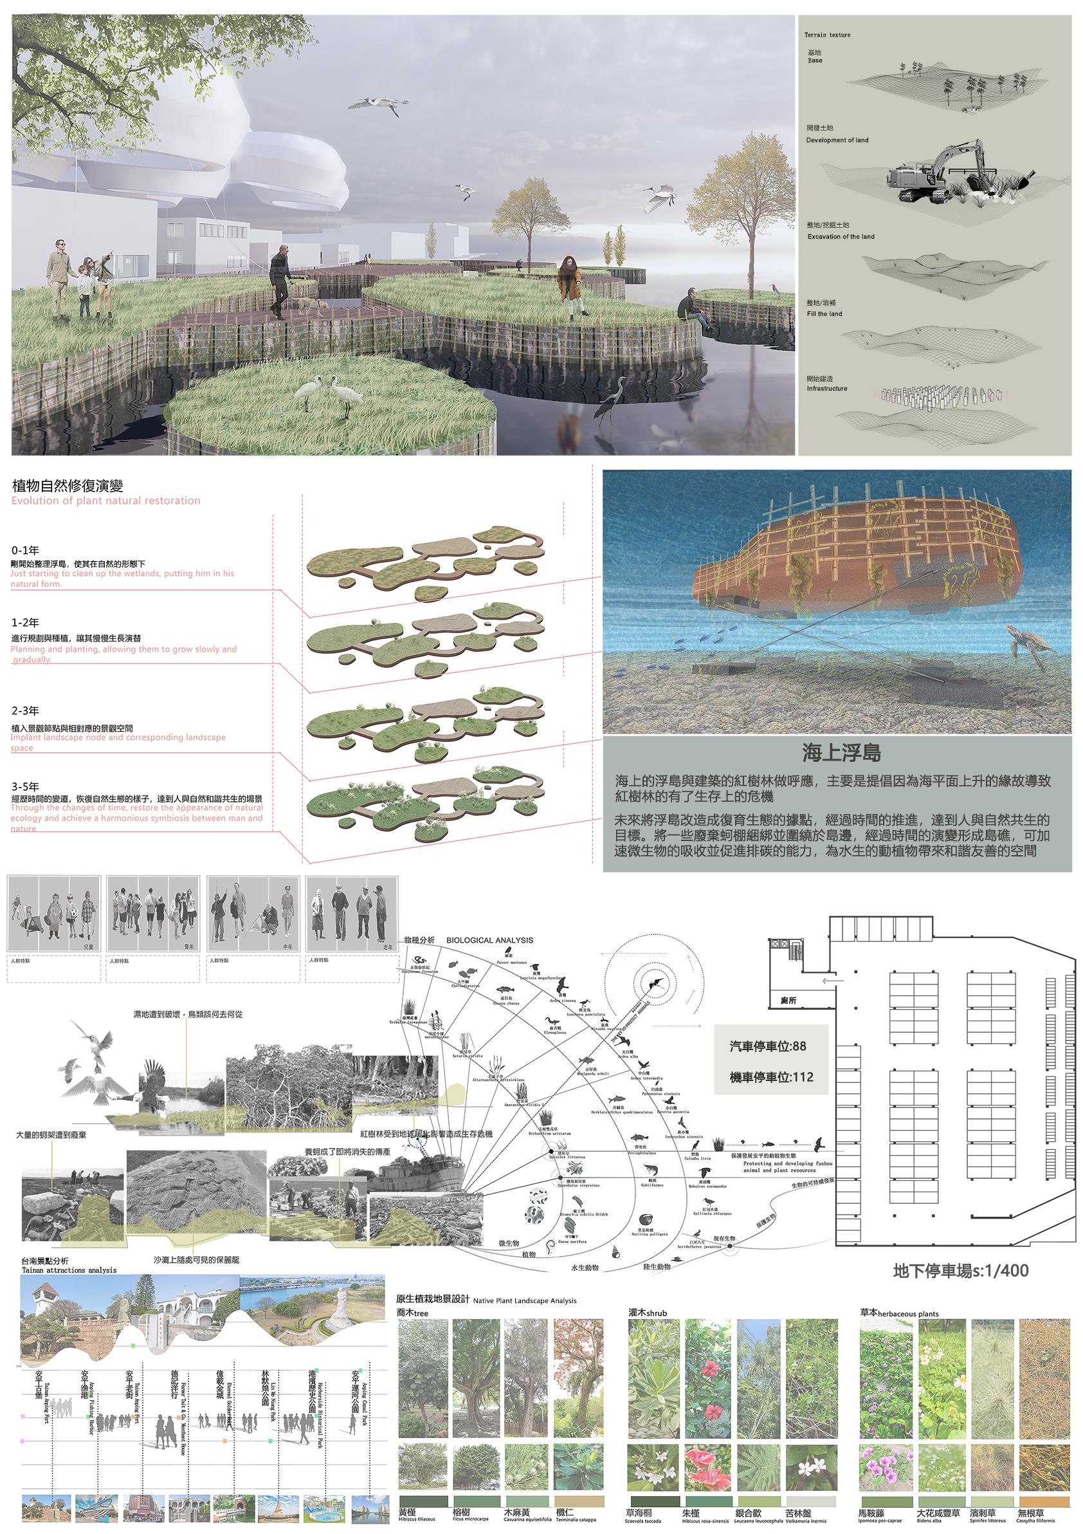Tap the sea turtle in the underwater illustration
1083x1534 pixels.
click(1029, 645)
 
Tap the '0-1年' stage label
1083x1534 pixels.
click(25, 551)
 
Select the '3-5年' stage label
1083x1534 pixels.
click(25, 787)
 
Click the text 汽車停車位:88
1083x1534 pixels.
click(768, 1046)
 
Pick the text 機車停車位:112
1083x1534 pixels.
click(771, 1077)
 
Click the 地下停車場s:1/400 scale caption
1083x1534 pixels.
click(960, 1270)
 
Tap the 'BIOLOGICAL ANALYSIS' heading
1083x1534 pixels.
click(489, 940)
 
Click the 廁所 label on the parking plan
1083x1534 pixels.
click(788, 1001)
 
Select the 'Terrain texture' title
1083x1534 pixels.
click(827, 35)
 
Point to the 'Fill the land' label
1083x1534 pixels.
click(824, 313)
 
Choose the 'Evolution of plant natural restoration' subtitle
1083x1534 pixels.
click(105, 501)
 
